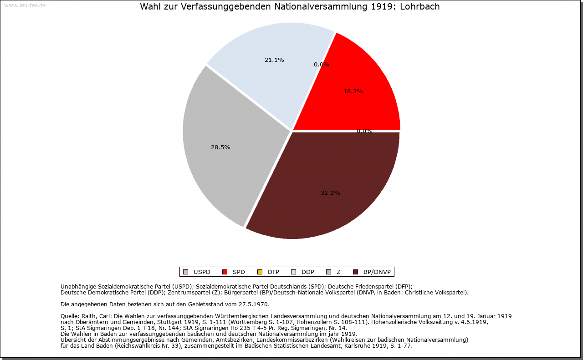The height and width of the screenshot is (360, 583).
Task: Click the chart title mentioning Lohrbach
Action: click(290, 7)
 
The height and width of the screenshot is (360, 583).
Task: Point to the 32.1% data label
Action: click(330, 193)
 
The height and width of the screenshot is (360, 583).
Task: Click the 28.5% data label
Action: click(220, 147)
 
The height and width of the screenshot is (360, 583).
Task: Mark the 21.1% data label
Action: click(274, 60)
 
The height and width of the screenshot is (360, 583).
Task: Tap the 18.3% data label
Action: click(353, 91)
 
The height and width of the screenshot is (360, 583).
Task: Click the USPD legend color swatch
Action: click(185, 272)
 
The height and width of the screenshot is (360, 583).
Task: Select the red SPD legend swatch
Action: click(225, 272)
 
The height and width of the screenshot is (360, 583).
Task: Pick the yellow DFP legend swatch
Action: click(260, 272)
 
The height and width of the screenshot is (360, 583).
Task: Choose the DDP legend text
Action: click(308, 272)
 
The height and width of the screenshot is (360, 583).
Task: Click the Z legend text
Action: click(338, 272)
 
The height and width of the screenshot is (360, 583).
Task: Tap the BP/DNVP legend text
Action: click(377, 272)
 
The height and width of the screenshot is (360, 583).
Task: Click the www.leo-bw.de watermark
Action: click(25, 5)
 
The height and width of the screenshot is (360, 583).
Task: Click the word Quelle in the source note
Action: click(69, 316)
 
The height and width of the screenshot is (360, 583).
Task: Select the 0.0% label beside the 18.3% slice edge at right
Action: click(364, 131)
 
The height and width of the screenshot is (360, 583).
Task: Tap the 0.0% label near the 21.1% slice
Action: click(322, 65)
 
